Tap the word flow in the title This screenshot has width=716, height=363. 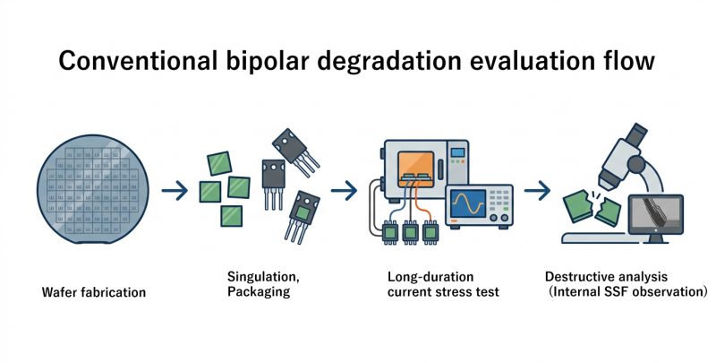pos(628,62)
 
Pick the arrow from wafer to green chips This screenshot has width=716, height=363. pos(175,190)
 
